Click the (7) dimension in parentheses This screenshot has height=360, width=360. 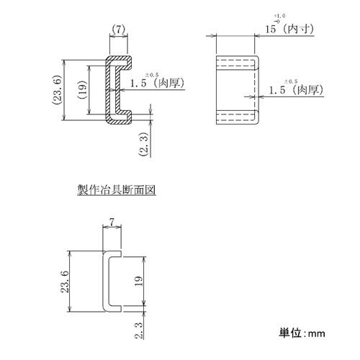[119, 30]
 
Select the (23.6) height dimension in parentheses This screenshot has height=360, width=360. [57, 90]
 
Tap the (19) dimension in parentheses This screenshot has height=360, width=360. [82, 90]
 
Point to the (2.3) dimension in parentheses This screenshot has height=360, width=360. [143, 144]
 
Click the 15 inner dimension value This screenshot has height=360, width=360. [271, 29]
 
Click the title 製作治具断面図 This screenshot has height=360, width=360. [117, 189]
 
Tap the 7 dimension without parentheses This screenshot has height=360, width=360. [112, 222]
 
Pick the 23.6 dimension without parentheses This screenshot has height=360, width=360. [65, 282]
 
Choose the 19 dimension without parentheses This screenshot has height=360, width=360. [138, 281]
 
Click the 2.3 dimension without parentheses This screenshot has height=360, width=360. [139, 330]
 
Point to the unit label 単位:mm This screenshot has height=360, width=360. [302, 333]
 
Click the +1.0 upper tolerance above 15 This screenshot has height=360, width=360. [280, 16]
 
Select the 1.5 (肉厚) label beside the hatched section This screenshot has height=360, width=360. [157, 83]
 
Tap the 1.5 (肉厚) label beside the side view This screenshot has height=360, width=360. [296, 90]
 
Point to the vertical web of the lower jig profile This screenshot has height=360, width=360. [104, 282]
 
